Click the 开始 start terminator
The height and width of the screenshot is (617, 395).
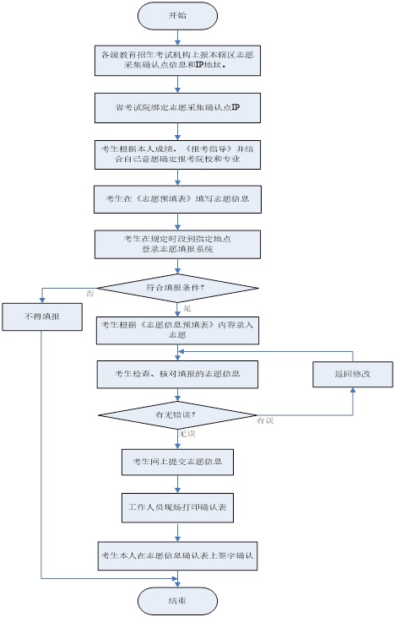pyautogui.click(x=176, y=15)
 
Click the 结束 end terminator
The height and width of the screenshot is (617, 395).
pyautogui.click(x=176, y=600)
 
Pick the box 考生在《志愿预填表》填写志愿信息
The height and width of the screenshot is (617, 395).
pyautogui.click(x=176, y=202)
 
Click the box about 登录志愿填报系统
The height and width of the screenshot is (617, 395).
pyautogui.click(x=176, y=244)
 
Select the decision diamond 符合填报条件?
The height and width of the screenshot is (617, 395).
pyautogui.click(x=176, y=289)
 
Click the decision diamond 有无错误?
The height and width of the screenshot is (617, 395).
pyautogui.click(x=176, y=415)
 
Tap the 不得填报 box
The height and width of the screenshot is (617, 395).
pyautogui.click(x=41, y=319)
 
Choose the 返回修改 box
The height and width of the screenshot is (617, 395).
pyautogui.click(x=352, y=372)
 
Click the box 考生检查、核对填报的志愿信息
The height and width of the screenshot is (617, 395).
pyautogui.click(x=176, y=372)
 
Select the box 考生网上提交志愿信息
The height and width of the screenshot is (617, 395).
pyautogui.click(x=176, y=462)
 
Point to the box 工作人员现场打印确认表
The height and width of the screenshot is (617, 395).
pyautogui.click(x=176, y=509)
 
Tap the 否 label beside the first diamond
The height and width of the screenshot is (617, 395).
pyautogui.click(x=90, y=293)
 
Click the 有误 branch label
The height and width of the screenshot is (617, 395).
pyautogui.click(x=267, y=420)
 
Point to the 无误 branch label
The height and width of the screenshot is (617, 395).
pyautogui.click(x=187, y=434)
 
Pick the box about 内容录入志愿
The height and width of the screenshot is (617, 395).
pyautogui.click(x=176, y=330)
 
